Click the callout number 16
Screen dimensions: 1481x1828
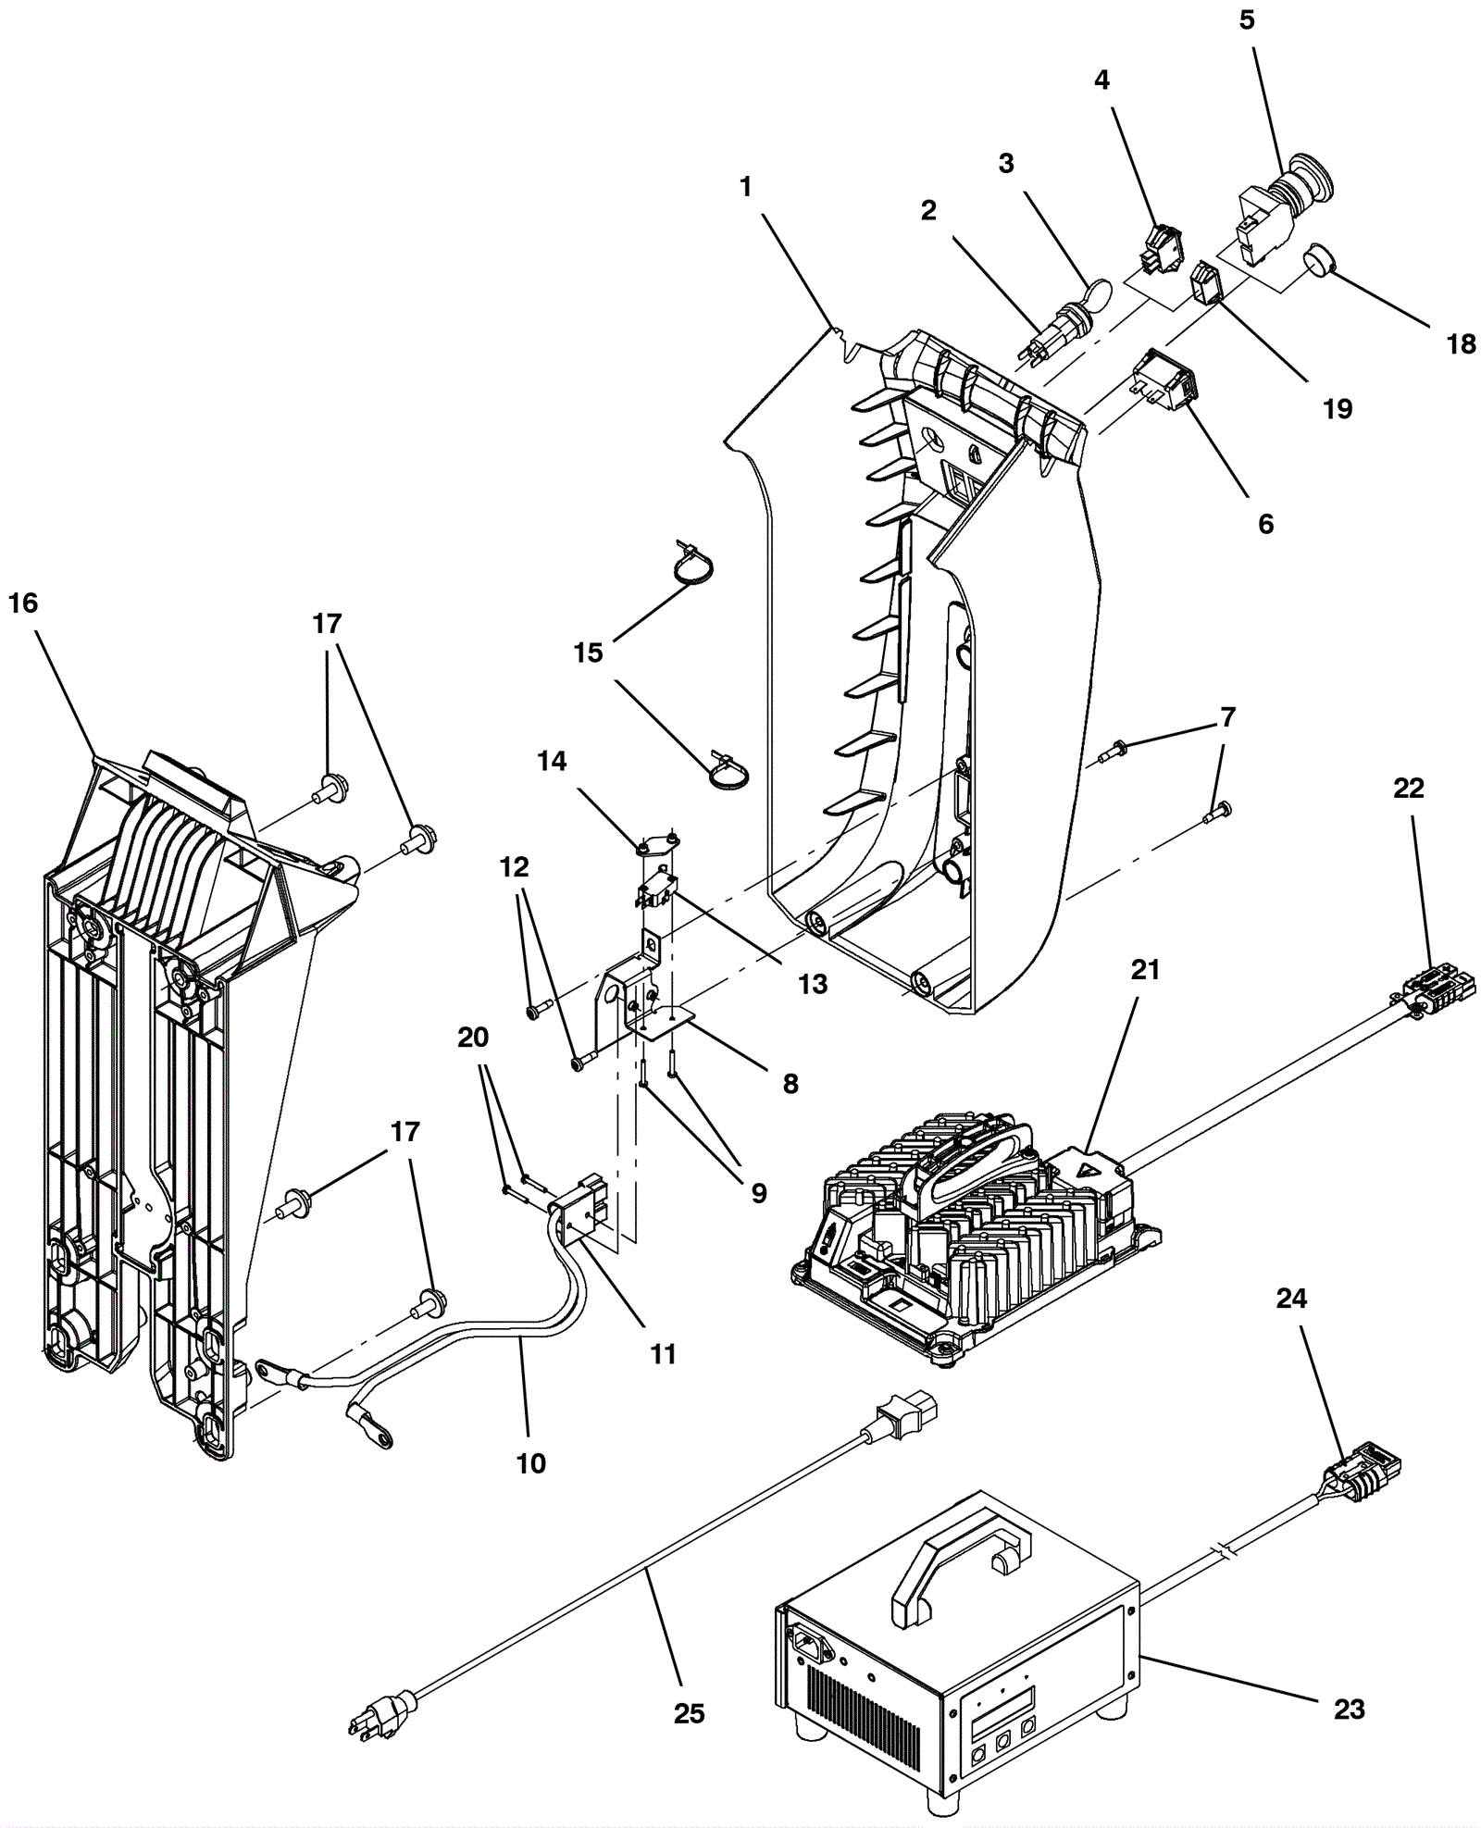(x=22, y=603)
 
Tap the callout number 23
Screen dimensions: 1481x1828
(x=1349, y=1708)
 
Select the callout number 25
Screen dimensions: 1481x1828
(x=689, y=1713)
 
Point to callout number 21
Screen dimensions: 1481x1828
(x=1144, y=970)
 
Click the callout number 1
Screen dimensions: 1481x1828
(x=746, y=187)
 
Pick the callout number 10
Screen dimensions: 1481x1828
(x=531, y=1463)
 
